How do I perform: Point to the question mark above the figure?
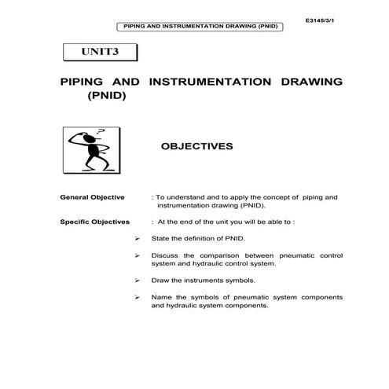click(100, 130)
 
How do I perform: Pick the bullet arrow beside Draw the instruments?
click(137, 280)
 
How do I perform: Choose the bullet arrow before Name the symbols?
click(137, 297)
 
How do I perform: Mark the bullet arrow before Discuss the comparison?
click(137, 255)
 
